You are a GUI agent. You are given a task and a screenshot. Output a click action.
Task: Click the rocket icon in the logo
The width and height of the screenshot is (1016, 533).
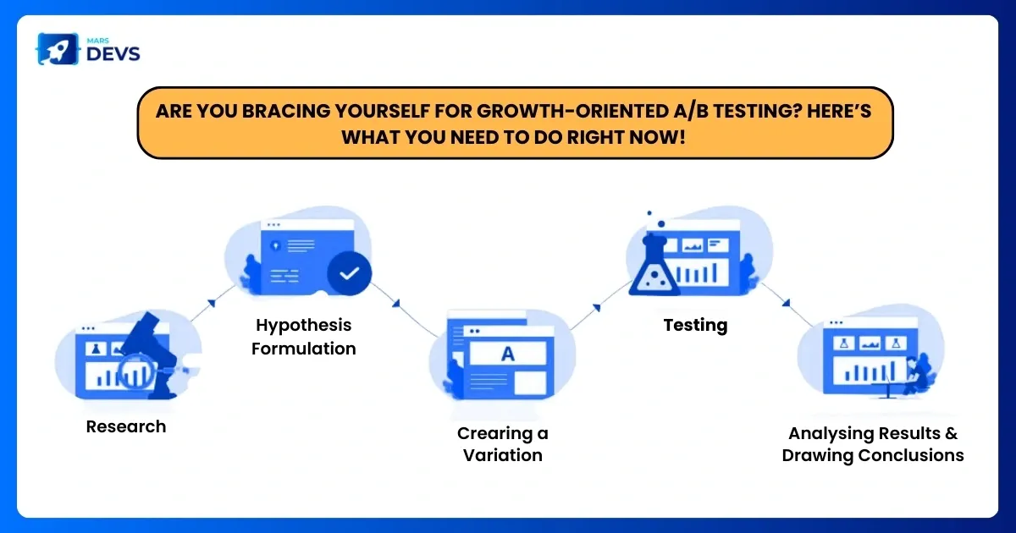(x=58, y=49)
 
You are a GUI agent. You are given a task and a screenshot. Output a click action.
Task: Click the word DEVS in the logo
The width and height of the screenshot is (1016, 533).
(x=113, y=54)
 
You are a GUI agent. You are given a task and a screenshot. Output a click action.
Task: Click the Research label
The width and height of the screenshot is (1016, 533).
(x=126, y=426)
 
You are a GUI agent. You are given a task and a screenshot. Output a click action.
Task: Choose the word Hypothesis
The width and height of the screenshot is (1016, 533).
(x=303, y=326)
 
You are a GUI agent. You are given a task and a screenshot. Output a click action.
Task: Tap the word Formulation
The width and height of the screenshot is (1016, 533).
(x=303, y=349)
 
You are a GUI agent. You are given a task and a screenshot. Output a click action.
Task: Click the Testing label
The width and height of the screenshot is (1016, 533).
(x=695, y=326)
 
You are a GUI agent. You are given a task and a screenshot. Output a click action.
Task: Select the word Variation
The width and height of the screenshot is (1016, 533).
(x=503, y=455)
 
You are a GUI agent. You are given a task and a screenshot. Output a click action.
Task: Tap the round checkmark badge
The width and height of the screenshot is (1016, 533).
(x=349, y=273)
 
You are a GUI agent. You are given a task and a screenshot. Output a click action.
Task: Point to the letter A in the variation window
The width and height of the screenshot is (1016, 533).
(x=507, y=354)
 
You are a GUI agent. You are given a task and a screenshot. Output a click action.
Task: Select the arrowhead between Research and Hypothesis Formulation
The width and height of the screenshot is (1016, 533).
(x=212, y=303)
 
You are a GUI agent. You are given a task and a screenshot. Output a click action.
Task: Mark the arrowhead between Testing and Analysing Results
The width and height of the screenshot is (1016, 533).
(x=787, y=302)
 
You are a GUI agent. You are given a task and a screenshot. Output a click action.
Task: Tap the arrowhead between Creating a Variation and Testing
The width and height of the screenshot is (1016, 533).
(x=596, y=308)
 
